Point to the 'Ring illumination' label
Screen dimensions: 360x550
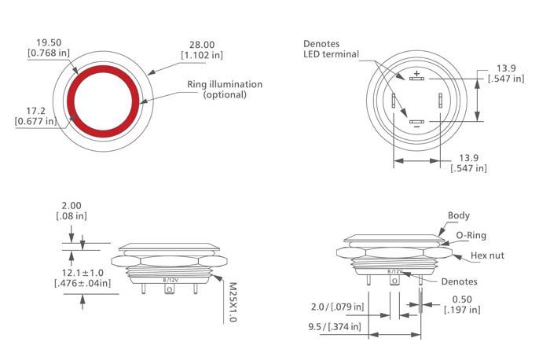(x=224, y=84)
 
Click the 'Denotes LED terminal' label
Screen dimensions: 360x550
(x=331, y=48)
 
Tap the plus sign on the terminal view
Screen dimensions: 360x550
(x=416, y=74)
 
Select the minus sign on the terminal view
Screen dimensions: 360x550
(x=416, y=127)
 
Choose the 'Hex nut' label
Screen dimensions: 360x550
(x=487, y=256)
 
